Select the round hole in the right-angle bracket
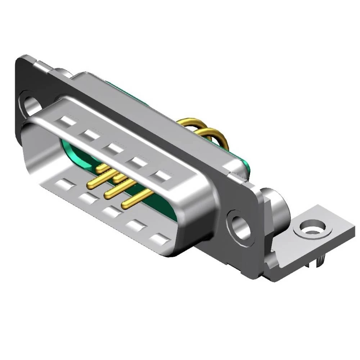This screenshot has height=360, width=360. pos(310,228)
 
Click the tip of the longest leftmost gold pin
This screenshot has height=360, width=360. pos(88,186)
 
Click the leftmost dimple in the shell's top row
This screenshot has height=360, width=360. pos(68,121)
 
